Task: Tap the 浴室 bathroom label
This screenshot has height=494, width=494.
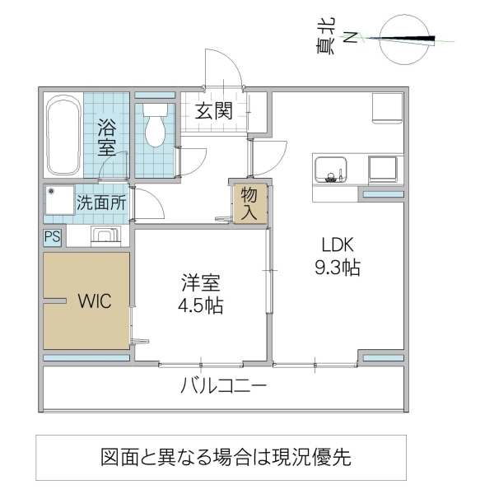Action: pos(107,137)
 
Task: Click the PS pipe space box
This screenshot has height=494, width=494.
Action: pos(53,237)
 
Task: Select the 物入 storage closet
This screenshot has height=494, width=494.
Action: pos(249,203)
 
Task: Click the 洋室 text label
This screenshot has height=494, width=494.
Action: pos(201,285)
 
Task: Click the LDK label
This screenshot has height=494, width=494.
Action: pos(338,245)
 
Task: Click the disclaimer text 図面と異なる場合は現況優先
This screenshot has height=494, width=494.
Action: pos(226,457)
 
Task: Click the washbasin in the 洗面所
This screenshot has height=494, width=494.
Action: pos(106,236)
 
